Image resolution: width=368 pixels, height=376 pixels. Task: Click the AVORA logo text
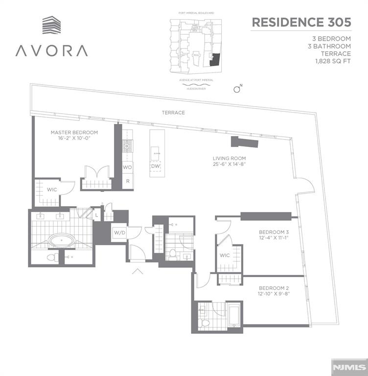tap(51, 50)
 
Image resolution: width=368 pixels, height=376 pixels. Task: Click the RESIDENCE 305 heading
tap(300, 23)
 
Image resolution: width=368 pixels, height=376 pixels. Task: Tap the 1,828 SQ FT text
tap(333, 61)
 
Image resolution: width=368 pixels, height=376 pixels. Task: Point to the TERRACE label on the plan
tap(173, 113)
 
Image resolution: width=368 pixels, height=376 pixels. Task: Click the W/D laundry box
tap(120, 233)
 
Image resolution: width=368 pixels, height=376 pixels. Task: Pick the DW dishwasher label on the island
tap(155, 166)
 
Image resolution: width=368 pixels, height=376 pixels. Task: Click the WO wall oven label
tap(127, 167)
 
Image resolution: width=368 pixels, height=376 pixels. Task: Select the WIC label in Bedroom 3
tap(225, 255)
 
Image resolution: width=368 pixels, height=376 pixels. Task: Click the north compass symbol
tap(238, 89)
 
